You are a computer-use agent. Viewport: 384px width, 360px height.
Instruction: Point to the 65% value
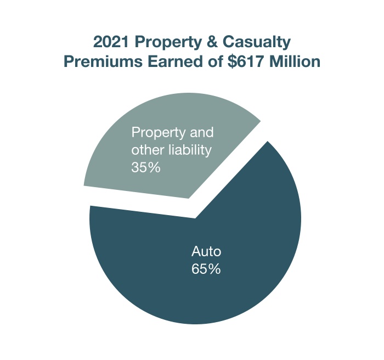coord(206,269)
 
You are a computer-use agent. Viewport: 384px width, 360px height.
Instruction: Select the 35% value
coord(146,167)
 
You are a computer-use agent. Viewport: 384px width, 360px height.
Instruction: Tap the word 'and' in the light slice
coord(200,133)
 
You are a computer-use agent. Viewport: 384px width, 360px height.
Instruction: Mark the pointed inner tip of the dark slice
coord(196,218)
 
